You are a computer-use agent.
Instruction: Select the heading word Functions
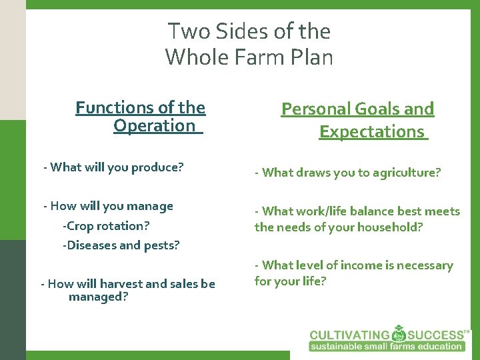(113, 107)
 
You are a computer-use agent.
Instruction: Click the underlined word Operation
(155, 125)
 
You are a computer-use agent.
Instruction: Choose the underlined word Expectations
(372, 131)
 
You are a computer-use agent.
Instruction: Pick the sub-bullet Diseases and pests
(121, 245)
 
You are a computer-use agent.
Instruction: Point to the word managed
(99, 296)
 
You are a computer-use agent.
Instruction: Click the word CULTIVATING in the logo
(349, 335)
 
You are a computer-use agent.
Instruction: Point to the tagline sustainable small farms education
(386, 346)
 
